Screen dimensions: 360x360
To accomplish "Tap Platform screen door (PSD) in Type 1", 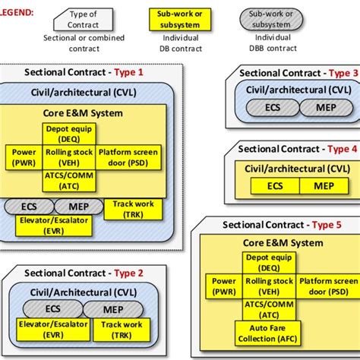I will point(128,157).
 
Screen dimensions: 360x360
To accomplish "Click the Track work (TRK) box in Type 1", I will point(133,208).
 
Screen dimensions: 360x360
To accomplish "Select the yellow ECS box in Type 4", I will point(274,185).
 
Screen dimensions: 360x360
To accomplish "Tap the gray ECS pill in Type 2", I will point(53,309).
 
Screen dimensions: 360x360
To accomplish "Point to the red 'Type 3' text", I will point(343,73).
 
